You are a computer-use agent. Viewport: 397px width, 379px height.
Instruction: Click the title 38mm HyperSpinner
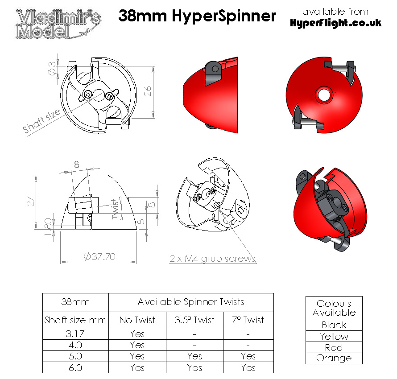tap(197, 16)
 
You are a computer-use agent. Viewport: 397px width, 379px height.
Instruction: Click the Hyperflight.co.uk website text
tap(335, 23)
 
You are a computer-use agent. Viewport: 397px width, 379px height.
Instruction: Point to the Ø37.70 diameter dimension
tap(100, 256)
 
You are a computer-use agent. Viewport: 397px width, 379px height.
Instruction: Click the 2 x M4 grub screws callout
tap(212, 259)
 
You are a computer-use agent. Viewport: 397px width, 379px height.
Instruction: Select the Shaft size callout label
tap(42, 121)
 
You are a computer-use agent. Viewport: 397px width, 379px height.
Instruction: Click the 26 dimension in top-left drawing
tap(148, 91)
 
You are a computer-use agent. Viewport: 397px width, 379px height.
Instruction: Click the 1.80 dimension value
tap(49, 223)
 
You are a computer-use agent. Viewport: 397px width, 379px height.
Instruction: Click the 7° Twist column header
tap(248, 320)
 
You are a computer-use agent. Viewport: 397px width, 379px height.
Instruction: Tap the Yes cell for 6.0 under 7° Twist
tap(248, 368)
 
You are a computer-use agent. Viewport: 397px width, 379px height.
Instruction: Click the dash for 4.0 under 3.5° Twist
tap(194, 345)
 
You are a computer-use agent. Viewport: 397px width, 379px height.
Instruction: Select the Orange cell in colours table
tap(334, 358)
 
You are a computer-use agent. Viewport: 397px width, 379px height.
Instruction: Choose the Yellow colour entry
tap(334, 337)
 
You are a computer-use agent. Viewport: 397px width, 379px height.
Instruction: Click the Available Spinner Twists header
tap(191, 302)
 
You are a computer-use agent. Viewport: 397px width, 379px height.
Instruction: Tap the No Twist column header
tap(137, 320)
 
